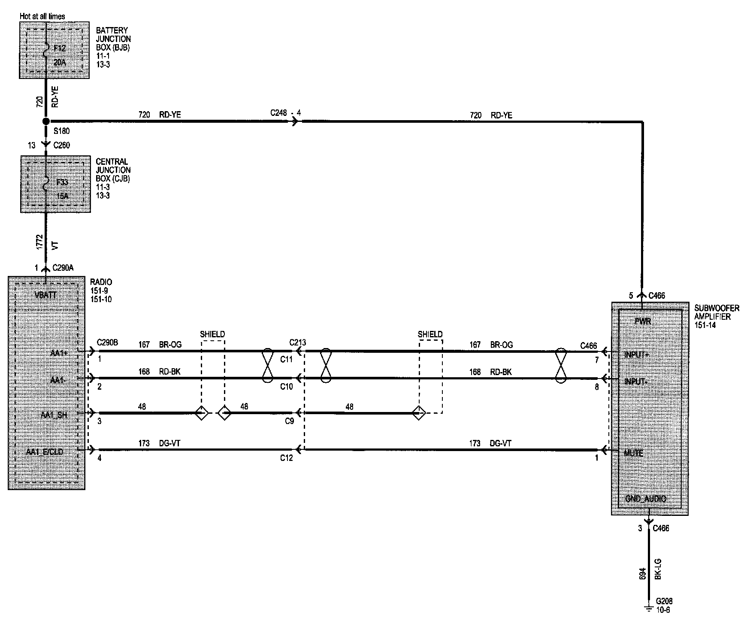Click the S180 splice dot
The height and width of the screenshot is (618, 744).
(46, 121)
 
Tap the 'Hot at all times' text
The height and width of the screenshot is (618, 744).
(42, 16)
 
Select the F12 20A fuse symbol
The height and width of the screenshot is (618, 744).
(46, 54)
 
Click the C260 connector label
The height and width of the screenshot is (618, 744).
(61, 145)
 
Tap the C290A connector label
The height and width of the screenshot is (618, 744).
(63, 268)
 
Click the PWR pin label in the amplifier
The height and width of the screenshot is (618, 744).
(642, 321)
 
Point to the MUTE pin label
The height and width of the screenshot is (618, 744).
(633, 453)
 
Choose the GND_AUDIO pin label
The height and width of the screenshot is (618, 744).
(645, 499)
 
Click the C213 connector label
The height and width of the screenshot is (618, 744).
(297, 342)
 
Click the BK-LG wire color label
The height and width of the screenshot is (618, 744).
(658, 569)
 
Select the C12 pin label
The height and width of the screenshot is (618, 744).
(286, 458)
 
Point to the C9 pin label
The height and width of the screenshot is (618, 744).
(289, 421)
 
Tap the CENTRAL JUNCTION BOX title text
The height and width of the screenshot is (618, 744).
(112, 170)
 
